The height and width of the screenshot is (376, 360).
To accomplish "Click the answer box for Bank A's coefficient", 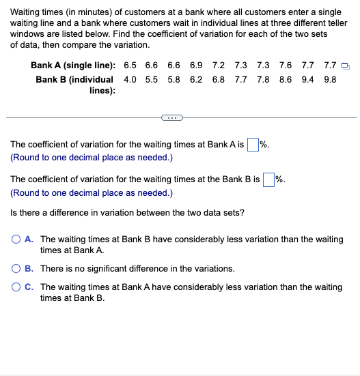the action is point(253,145).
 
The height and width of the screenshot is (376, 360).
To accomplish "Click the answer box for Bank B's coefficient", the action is point(268,179).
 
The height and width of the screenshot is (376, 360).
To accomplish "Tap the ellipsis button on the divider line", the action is point(170,117).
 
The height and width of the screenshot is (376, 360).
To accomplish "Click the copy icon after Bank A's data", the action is point(346,66).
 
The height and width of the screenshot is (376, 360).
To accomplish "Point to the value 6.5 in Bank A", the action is point(130,66).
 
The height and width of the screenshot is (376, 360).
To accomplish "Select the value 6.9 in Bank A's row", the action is point(196,66).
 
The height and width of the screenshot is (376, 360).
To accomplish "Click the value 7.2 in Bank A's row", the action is point(219,66).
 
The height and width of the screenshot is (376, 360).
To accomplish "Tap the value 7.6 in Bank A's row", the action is point(286,66).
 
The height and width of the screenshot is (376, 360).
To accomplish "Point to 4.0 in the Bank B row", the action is point(130,79).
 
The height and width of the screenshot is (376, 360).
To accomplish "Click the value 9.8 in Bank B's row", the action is point(329,79).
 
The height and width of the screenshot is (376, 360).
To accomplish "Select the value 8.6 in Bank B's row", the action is point(286,79).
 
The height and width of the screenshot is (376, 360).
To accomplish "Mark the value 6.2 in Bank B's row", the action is point(196,79).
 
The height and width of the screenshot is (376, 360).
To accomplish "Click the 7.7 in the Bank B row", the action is point(240,79).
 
